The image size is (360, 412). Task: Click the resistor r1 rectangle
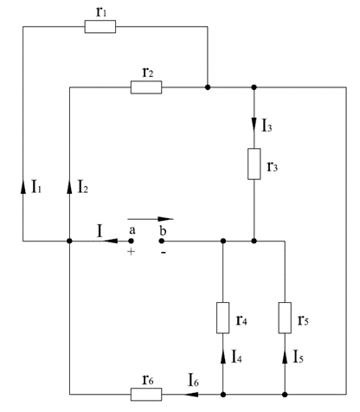point(100,27)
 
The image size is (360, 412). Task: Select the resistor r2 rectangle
point(146,87)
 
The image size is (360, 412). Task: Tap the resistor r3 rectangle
point(254,164)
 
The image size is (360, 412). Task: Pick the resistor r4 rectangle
point(223,318)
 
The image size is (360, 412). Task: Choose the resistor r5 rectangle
point(285,318)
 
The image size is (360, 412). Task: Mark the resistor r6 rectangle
point(146,394)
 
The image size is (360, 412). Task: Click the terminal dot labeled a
point(131,241)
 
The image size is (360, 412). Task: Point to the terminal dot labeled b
point(162,241)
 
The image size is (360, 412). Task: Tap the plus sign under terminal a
point(131,252)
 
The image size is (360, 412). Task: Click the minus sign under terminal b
point(164,253)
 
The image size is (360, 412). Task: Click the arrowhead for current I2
point(69,186)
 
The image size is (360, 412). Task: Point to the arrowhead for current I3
point(254,125)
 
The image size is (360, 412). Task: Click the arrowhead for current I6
point(191,394)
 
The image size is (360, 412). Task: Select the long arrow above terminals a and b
point(151,219)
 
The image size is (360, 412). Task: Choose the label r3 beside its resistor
point(273,166)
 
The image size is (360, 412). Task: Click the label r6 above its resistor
point(148,380)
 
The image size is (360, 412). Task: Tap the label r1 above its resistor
point(101,12)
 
